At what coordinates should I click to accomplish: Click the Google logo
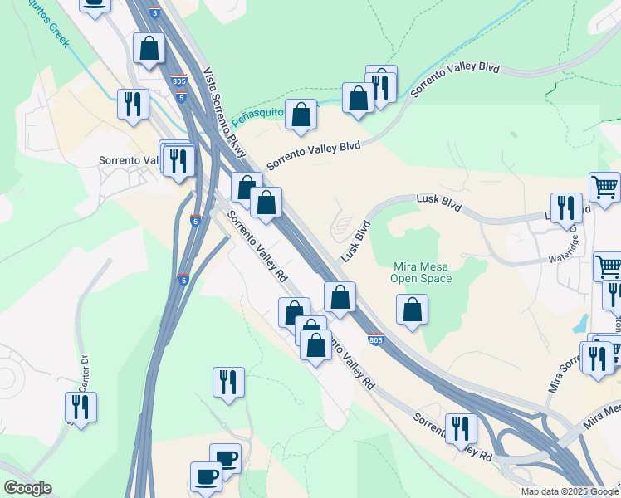coord(27,488)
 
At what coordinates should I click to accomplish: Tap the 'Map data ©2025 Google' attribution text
coord(569,491)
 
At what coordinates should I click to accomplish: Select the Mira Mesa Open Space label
coord(421,272)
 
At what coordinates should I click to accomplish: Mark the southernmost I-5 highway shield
coord(184,281)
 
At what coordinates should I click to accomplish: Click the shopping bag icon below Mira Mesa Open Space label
coord(412,310)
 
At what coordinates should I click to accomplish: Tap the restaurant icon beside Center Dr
coord(81,407)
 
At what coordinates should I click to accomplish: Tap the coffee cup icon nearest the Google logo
coord(206,476)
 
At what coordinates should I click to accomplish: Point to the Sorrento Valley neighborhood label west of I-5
coord(128,160)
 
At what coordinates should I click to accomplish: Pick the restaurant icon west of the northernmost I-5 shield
coord(133,104)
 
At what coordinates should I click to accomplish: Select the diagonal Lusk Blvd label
coord(355,238)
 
